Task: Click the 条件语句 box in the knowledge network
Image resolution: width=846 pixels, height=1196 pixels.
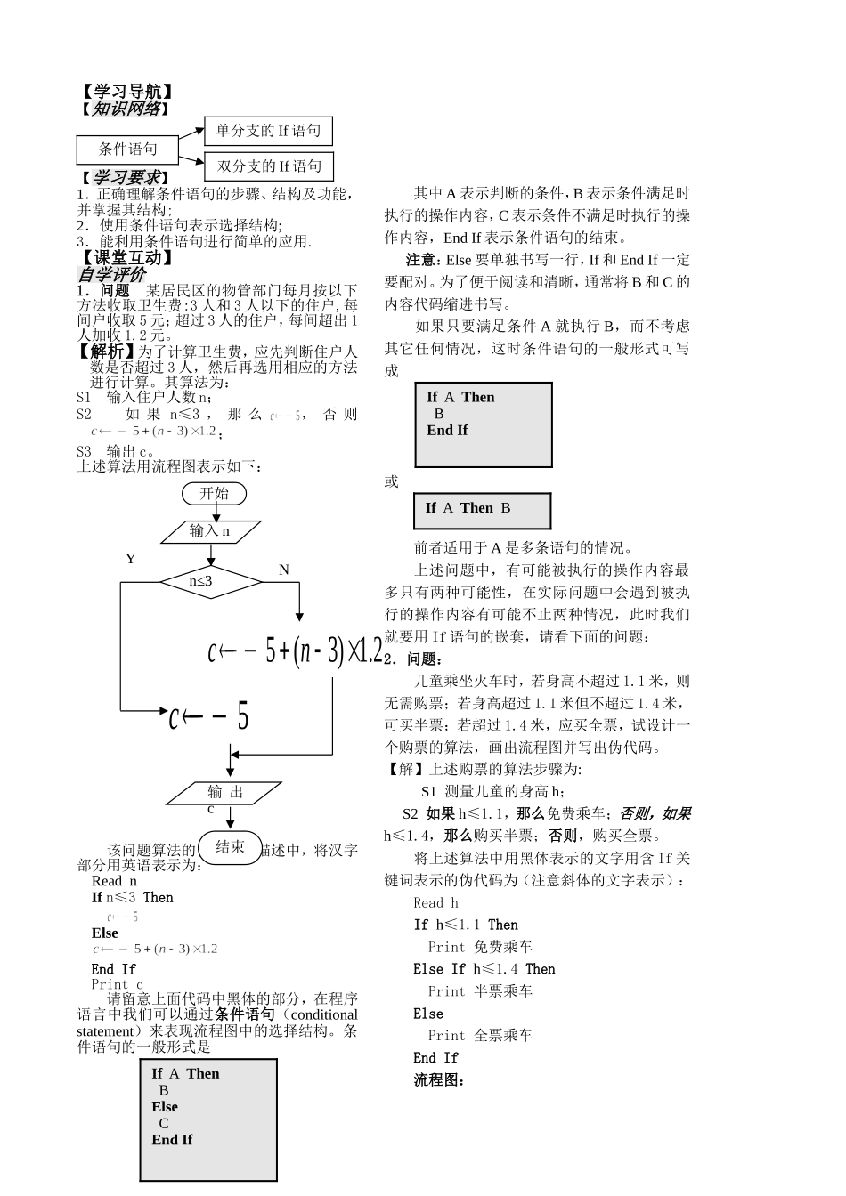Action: [x=127, y=149]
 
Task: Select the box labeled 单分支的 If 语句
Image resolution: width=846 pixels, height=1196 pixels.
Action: [x=268, y=131]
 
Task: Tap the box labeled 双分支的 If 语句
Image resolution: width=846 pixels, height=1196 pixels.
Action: [x=269, y=166]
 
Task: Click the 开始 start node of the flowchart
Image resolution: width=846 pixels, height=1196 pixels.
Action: [x=214, y=493]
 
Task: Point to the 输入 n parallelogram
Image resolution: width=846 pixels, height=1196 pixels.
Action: [x=211, y=531]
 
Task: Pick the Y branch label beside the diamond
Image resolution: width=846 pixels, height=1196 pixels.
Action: [x=130, y=559]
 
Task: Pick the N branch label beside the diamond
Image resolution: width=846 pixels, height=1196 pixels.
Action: [x=284, y=570]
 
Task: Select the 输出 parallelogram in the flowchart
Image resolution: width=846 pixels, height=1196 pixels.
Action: [x=225, y=792]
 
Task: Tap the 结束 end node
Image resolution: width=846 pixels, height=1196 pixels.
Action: [x=231, y=846]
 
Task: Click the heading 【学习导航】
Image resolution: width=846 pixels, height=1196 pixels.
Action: [x=125, y=92]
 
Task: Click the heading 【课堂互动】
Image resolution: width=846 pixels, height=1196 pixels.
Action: [x=125, y=259]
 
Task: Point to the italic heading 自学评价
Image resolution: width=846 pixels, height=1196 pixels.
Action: [x=111, y=275]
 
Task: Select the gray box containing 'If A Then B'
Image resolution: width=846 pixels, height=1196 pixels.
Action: [x=482, y=510]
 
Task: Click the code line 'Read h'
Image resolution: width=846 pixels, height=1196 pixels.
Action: [x=436, y=902]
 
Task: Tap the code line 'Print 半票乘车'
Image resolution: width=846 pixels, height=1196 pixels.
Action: [x=480, y=991]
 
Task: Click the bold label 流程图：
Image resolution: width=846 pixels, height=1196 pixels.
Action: [x=440, y=1080]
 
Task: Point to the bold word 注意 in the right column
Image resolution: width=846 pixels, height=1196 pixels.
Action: [x=420, y=260]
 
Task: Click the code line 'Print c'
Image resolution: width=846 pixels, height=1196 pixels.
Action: [x=117, y=984]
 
